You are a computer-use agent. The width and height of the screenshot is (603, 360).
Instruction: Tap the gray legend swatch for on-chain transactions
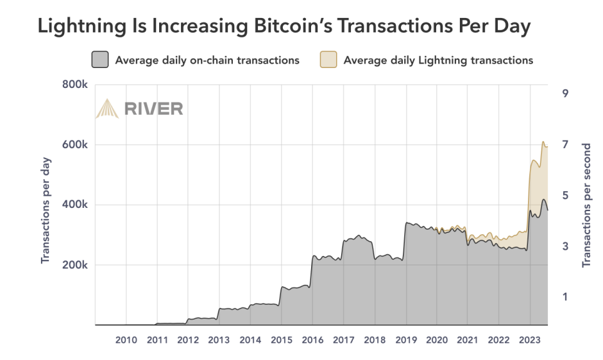(x=100, y=60)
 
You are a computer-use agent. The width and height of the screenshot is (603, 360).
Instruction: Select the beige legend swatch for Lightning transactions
(x=328, y=60)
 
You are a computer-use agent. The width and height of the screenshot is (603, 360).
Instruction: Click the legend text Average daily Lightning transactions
(x=438, y=60)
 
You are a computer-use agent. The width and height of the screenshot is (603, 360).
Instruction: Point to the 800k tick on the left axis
(x=74, y=85)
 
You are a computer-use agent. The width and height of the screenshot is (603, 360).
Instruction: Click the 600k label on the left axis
(x=74, y=145)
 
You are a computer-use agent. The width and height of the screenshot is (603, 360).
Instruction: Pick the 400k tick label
(x=74, y=205)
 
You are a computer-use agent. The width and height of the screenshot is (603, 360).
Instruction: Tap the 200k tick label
(x=74, y=265)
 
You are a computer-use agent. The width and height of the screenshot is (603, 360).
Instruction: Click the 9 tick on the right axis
(x=565, y=93)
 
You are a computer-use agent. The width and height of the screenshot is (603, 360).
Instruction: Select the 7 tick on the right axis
(x=565, y=144)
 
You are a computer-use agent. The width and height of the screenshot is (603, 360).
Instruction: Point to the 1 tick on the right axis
(x=565, y=296)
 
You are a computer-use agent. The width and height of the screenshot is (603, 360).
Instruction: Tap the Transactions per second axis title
(x=586, y=205)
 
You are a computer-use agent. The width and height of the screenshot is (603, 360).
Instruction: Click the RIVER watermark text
(x=153, y=108)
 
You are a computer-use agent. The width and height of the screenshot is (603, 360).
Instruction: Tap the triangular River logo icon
(x=106, y=108)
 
